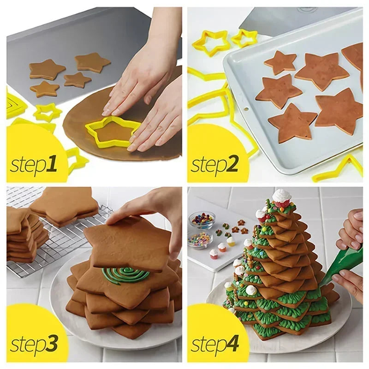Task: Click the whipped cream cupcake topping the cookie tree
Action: point(281,197)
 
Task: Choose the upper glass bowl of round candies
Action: point(202,220)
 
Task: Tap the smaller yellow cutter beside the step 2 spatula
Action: point(244,38)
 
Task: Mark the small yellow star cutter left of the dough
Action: point(47,112)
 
